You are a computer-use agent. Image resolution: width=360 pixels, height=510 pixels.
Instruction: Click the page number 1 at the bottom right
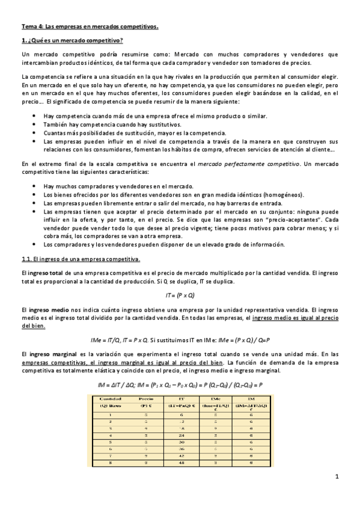(338, 477)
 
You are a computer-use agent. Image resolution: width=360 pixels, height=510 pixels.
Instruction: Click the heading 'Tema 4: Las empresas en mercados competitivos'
(90, 26)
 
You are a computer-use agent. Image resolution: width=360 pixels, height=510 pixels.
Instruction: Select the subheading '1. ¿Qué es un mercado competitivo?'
(72, 40)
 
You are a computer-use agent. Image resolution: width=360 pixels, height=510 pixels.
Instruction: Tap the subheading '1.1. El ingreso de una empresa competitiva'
(81, 259)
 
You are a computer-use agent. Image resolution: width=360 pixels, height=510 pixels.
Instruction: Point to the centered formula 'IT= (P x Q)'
(180, 295)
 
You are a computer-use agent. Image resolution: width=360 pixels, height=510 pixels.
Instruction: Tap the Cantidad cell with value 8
(111, 462)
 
